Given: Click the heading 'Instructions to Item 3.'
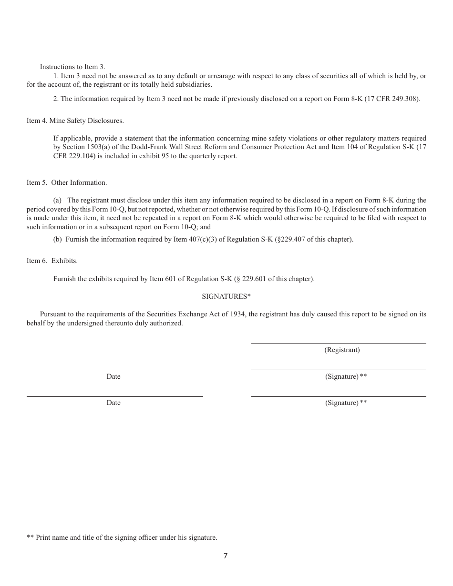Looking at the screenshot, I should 72,67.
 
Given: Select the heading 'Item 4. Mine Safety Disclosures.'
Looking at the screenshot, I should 75,121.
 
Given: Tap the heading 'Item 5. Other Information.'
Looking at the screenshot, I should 67,182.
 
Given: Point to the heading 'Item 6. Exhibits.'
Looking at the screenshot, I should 52,261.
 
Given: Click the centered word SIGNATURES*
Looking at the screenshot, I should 226,296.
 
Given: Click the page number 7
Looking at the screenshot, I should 226,556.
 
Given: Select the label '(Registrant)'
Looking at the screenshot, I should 342,350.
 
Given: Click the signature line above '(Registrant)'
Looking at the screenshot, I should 339,343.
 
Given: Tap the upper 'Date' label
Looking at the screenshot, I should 113,376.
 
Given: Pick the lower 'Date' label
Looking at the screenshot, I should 113,403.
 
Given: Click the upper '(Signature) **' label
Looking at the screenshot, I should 346,376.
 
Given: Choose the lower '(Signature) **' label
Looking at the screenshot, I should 346,403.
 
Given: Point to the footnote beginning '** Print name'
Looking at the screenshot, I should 122,537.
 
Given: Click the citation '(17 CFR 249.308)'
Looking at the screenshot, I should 394,99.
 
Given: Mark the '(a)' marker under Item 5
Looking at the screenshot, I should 58,201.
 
